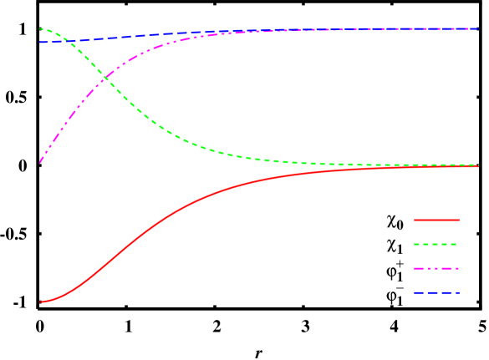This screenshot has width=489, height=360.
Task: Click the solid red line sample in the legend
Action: (x=436, y=221)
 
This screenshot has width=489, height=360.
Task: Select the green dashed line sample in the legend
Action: (x=436, y=245)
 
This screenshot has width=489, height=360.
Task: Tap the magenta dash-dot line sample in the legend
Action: (x=436, y=269)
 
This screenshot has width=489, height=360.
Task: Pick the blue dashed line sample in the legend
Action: (x=436, y=293)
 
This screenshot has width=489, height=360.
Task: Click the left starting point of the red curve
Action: (x=40, y=302)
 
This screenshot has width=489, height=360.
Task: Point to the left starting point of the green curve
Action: (x=40, y=28)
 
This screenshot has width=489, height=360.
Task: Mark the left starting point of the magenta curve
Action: (x=40, y=161)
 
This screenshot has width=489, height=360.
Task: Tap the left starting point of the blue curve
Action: (x=40, y=42)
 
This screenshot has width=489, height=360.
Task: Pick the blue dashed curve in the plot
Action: (x=251, y=31)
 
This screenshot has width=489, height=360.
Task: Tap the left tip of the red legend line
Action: (x=414, y=221)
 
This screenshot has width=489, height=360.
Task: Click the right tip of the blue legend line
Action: (x=459, y=293)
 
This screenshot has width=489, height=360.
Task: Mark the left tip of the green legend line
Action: (x=414, y=245)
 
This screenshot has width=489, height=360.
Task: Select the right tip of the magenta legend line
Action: (x=459, y=269)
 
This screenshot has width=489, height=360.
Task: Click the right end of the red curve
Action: (x=478, y=166)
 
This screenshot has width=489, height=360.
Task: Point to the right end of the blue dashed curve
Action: (x=478, y=28)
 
